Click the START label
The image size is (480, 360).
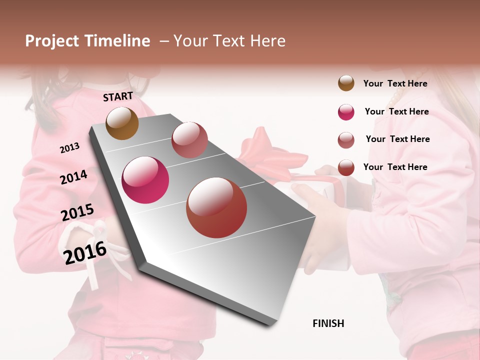(x=118, y=96)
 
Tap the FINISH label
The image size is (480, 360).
(x=328, y=323)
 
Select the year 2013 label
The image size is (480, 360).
(x=69, y=148)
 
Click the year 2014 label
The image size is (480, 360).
(x=73, y=177)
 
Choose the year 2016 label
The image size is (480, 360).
(x=85, y=252)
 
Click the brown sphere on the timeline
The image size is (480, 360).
(x=122, y=123)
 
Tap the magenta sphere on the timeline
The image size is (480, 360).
(x=145, y=180)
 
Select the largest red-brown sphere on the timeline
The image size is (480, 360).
(x=216, y=207)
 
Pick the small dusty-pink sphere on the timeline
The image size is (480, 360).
(x=189, y=140)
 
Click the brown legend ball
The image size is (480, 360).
(x=346, y=83)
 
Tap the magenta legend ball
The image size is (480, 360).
(x=346, y=112)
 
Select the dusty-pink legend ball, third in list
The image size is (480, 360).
(x=346, y=140)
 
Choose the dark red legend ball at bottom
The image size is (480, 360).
(x=346, y=167)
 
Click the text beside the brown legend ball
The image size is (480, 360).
(x=395, y=83)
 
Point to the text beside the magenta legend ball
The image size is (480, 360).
(x=396, y=111)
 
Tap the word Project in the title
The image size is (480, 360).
(x=52, y=41)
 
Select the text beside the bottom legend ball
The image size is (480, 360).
(x=395, y=167)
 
